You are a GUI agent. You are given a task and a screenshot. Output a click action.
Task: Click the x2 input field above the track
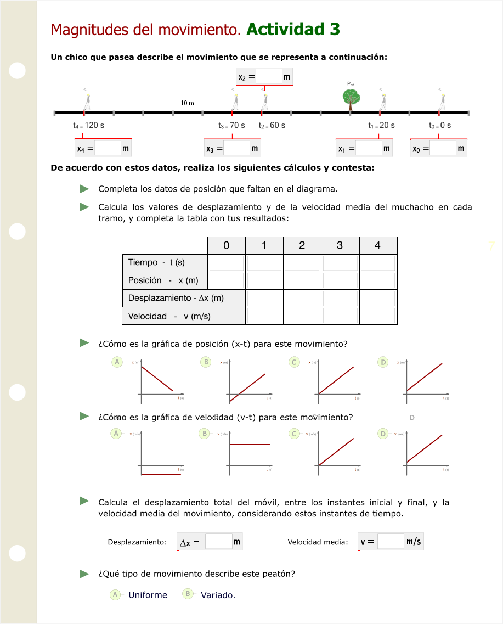point(269,77)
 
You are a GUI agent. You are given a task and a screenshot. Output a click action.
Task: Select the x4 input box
point(108,148)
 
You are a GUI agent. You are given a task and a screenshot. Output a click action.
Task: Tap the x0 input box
point(443,148)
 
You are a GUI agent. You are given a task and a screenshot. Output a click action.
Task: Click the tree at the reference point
point(351,97)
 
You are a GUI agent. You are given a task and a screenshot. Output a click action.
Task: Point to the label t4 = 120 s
point(88,125)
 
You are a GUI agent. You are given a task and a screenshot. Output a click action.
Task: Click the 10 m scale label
point(187,103)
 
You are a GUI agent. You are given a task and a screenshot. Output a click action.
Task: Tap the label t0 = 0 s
point(440,125)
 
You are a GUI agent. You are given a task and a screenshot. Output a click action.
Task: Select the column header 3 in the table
point(340,245)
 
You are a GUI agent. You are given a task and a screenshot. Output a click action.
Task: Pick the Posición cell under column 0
point(226,280)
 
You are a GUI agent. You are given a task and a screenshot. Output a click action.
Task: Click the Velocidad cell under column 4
point(378,316)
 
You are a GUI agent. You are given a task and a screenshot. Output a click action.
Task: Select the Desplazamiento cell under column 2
point(302,299)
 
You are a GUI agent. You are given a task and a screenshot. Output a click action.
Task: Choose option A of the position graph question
point(116,362)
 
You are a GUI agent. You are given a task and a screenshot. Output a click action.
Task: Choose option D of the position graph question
point(383,362)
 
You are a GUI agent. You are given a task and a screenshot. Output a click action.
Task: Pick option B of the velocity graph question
point(205,434)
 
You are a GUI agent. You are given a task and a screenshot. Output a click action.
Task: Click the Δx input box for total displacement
point(219,542)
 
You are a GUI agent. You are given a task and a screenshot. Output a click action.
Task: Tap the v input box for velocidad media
point(391,542)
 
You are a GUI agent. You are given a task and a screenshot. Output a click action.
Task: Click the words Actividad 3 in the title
point(293,29)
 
